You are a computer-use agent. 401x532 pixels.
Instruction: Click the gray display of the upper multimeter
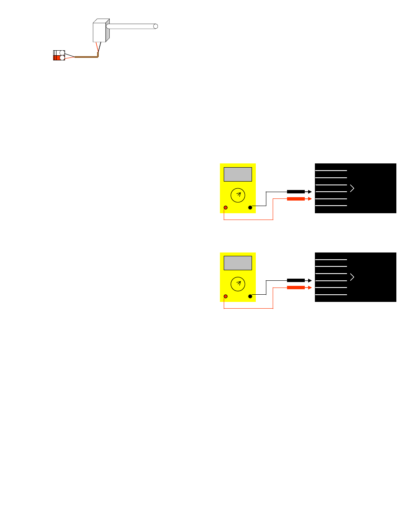click(238, 174)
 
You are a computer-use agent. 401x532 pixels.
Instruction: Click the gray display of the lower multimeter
click(238, 263)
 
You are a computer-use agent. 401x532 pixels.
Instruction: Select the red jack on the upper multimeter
click(226, 208)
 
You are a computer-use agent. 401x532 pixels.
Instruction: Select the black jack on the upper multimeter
click(250, 208)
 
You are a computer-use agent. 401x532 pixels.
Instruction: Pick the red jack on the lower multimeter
click(226, 296)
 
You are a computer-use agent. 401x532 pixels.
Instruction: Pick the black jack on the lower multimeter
click(250, 296)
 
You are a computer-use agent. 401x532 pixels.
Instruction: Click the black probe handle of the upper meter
click(295, 192)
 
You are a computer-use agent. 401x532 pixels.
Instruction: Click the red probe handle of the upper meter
click(295, 199)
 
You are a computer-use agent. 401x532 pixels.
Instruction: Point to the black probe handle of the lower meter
click(295, 280)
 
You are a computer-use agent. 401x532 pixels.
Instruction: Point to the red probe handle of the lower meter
click(295, 288)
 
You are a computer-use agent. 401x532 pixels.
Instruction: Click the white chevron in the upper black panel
click(352, 188)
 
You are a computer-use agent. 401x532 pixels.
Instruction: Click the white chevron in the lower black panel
click(352, 277)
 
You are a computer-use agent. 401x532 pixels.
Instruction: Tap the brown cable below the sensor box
click(87, 57)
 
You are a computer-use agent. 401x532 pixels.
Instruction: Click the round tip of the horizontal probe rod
click(155, 26)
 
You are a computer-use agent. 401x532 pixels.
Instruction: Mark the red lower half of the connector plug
click(57, 58)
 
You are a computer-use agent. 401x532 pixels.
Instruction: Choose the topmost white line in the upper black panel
click(331, 171)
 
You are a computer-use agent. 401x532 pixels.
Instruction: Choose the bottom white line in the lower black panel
click(331, 295)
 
